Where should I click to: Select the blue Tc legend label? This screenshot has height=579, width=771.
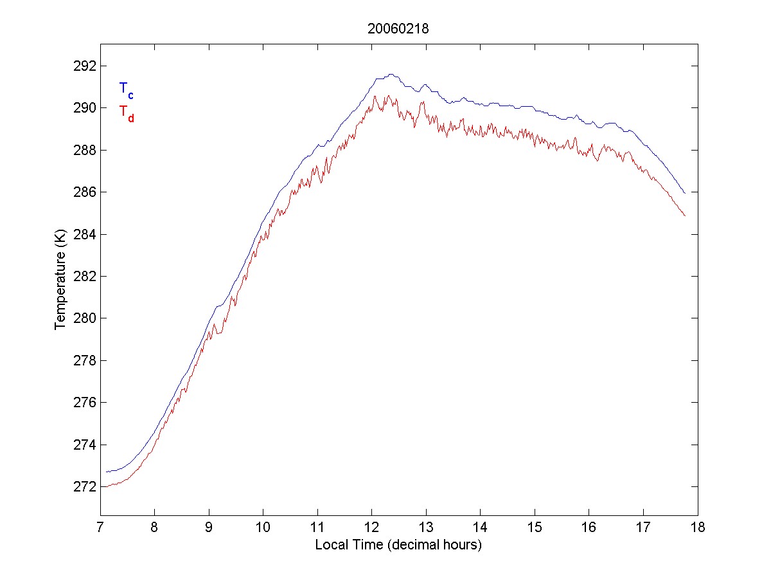126,89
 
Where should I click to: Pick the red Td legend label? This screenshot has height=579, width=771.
126,113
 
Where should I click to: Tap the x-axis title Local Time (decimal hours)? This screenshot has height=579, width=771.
398,545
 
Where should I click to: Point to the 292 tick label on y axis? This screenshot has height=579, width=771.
85,66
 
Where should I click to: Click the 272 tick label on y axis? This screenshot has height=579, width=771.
85,487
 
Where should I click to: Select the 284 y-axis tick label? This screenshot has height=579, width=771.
85,234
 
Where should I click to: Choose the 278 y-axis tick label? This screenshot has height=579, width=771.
85,360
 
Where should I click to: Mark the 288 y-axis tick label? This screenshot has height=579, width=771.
85,150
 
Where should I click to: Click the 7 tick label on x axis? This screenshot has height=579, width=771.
100,529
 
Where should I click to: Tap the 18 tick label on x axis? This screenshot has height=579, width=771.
698,529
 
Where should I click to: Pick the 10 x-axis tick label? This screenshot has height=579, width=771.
263,529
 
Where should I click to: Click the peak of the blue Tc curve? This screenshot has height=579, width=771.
391,74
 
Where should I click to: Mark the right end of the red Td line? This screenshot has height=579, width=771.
686,216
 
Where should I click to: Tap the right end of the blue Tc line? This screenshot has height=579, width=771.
686,193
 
